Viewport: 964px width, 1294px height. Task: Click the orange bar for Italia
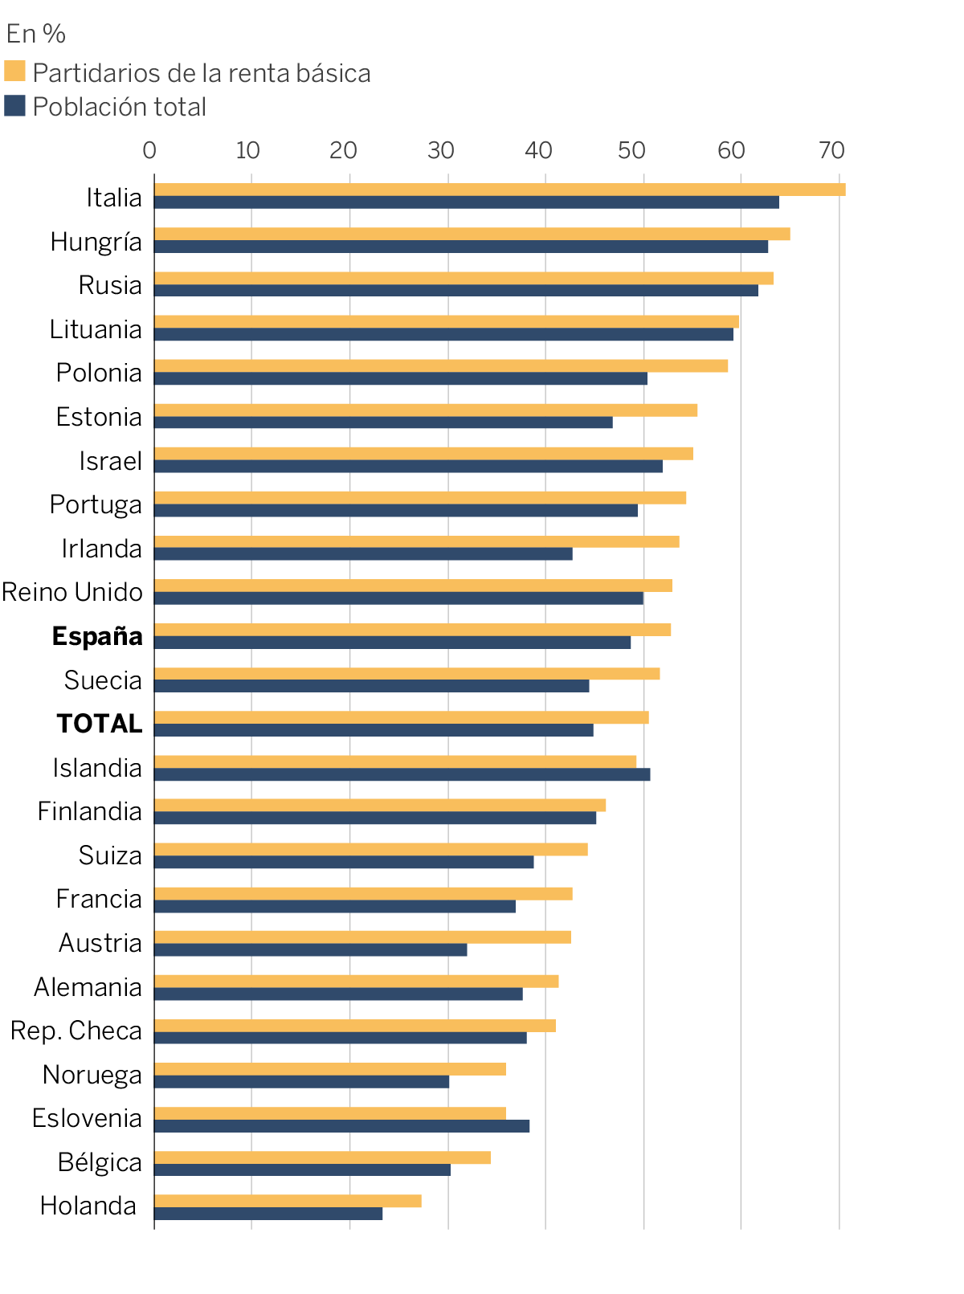click(x=498, y=190)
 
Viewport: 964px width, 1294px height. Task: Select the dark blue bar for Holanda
click(x=268, y=1214)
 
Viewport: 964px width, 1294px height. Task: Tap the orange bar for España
click(x=411, y=630)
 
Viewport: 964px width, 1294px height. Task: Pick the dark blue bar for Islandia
click(x=402, y=774)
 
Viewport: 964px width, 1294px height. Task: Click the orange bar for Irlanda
click(x=416, y=542)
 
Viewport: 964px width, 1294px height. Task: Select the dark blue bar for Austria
click(x=310, y=949)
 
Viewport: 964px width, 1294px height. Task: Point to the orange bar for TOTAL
click(x=401, y=717)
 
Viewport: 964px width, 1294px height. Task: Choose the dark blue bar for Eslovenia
click(x=341, y=1125)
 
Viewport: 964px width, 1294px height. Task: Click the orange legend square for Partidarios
click(x=14, y=71)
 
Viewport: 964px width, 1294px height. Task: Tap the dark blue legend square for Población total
click(x=14, y=105)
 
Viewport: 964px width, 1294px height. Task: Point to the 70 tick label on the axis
click(x=831, y=150)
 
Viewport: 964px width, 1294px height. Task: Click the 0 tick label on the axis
click(x=149, y=150)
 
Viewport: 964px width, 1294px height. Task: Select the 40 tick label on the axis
click(x=538, y=150)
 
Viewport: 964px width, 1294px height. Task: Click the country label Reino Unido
click(x=72, y=592)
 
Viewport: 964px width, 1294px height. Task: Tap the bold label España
click(x=97, y=636)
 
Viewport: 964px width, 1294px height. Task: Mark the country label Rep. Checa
click(x=76, y=1031)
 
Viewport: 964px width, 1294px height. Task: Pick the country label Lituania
click(x=96, y=329)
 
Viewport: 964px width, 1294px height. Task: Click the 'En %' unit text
click(x=36, y=34)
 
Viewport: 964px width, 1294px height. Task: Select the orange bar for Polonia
click(x=440, y=366)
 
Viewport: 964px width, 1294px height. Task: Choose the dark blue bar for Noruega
click(x=301, y=1082)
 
